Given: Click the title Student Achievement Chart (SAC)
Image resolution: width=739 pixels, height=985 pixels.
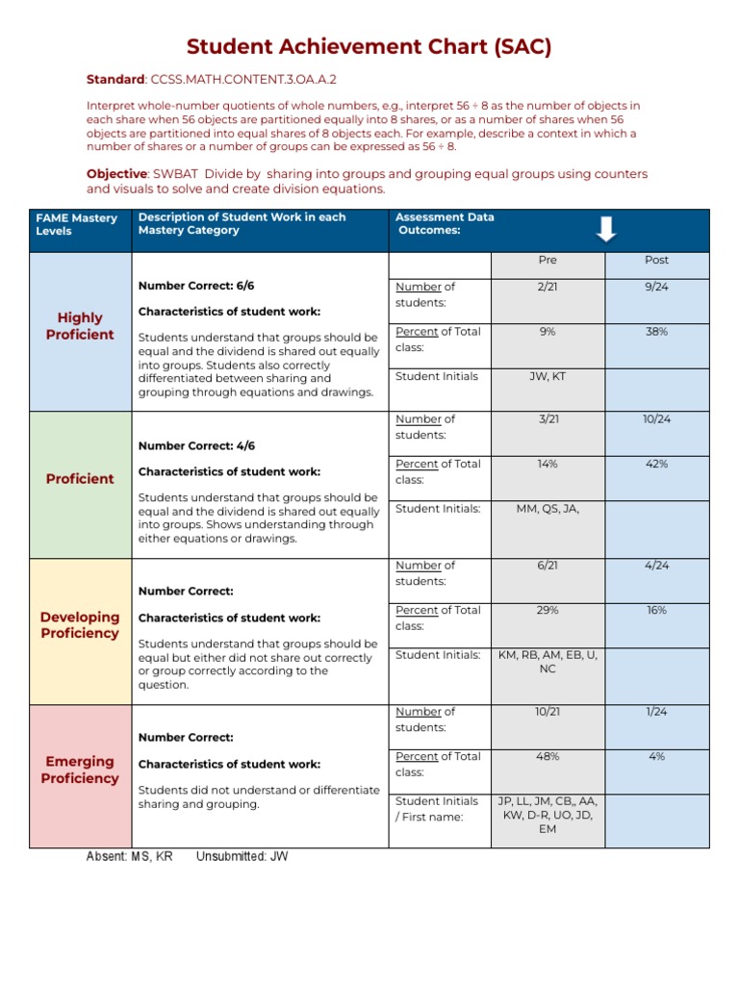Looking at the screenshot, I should pos(369,47).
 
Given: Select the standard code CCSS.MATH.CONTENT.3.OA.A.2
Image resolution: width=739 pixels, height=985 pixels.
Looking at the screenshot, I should pos(242,80).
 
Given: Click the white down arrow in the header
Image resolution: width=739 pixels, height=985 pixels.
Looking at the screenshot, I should pos(605,230).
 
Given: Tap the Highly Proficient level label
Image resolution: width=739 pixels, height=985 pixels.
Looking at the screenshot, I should pos(80,326).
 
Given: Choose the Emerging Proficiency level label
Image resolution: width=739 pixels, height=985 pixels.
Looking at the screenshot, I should pos(80,770).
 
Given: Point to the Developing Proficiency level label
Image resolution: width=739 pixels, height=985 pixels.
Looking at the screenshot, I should pos(80,624).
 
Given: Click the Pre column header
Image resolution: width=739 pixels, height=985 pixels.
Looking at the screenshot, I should pos(548,261).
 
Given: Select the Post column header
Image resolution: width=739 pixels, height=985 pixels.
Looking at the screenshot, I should pos(656,261).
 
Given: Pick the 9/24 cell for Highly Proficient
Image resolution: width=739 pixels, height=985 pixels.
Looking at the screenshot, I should pos(656,287).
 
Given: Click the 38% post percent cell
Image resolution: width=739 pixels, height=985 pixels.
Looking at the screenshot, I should pos(656,332).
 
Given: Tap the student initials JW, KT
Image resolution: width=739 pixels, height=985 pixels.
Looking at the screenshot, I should pos(548,377).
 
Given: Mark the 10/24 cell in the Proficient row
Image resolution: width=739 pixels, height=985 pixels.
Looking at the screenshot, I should pos(656,419).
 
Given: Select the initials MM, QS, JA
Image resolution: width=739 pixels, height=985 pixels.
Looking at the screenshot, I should pos(548,509).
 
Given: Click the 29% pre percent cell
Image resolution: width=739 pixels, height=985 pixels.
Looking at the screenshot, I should pos(548,610).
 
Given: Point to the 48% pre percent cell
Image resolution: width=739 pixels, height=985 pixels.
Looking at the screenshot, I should pos(548,757).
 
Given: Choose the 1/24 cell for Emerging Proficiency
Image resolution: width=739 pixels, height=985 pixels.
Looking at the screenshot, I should pos(656,712).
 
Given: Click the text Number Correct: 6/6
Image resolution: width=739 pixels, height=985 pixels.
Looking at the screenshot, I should pos(196,286).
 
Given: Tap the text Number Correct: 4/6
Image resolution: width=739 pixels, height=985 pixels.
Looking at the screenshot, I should pos(196,445).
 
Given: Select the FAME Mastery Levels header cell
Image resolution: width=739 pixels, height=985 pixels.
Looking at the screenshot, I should pos(77,224).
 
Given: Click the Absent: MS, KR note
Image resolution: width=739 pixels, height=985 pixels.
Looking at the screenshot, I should pos(130,856).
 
